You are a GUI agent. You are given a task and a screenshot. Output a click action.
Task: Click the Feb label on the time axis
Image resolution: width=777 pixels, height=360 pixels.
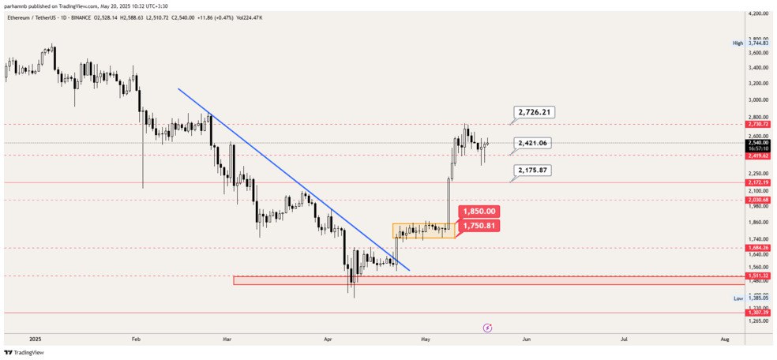(136, 339)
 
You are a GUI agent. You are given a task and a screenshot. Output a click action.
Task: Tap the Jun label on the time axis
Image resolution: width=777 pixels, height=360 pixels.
(526, 339)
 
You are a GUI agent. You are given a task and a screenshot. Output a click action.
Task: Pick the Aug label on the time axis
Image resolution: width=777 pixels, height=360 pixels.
(725, 339)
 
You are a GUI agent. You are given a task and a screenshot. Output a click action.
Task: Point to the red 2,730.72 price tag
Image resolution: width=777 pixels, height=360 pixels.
(757, 124)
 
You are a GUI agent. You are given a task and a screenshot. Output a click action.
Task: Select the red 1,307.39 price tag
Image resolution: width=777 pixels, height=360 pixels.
(757, 313)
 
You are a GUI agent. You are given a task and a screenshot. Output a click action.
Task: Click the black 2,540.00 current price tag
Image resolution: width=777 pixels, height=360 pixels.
(757, 142)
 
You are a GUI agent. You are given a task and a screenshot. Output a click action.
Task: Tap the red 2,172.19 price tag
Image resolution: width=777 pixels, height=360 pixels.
(757, 182)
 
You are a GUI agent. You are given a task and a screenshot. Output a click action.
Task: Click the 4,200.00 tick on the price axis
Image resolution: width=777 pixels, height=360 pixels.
(757, 14)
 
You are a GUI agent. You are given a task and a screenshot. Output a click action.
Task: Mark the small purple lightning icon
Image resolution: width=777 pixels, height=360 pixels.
(487, 327)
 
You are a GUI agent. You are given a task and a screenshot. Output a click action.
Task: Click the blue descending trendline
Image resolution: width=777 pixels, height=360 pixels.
(292, 178)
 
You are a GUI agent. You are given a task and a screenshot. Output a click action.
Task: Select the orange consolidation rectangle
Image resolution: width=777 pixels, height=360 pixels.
(423, 231)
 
